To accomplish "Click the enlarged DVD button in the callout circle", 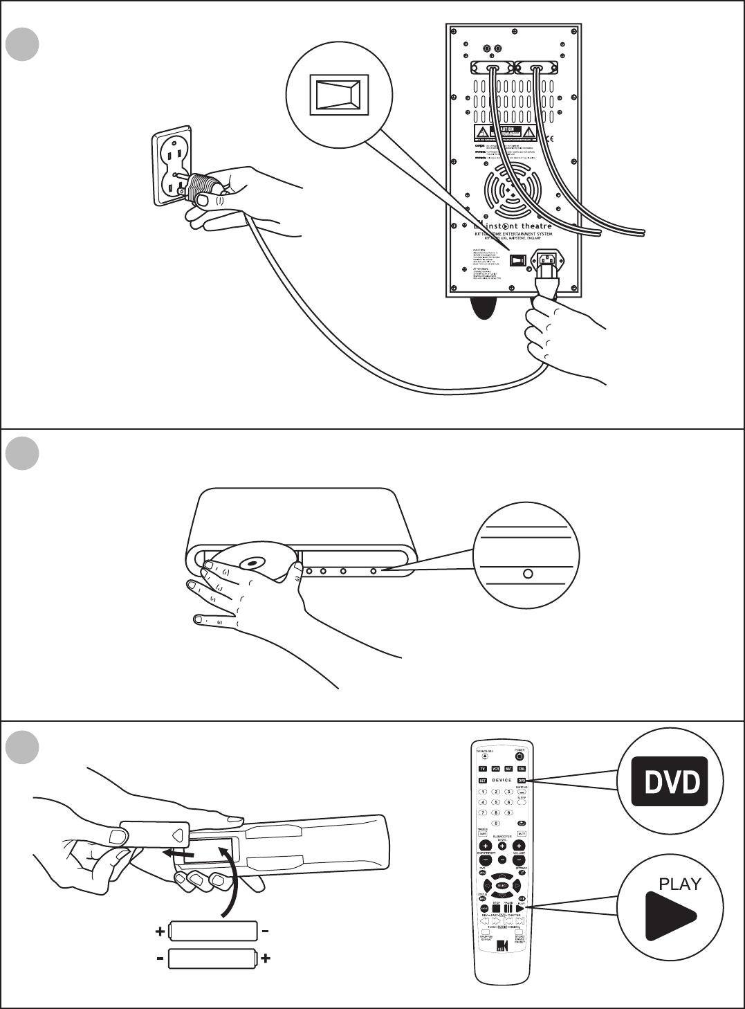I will [670, 783].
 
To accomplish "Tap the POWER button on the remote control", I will [519, 756].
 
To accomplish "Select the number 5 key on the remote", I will [495, 802].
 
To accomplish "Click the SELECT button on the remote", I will [502, 886].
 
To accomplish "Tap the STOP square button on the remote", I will [496, 909].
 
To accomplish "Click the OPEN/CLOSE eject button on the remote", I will [483, 756].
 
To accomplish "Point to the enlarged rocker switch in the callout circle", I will [338, 93].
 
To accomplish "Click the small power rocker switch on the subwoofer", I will [518, 260].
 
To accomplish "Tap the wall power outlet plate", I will [172, 166].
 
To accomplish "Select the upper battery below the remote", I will [212, 931].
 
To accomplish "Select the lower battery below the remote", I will [213, 959].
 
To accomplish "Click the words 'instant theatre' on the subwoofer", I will [522, 226].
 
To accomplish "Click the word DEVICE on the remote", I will [502, 780].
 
